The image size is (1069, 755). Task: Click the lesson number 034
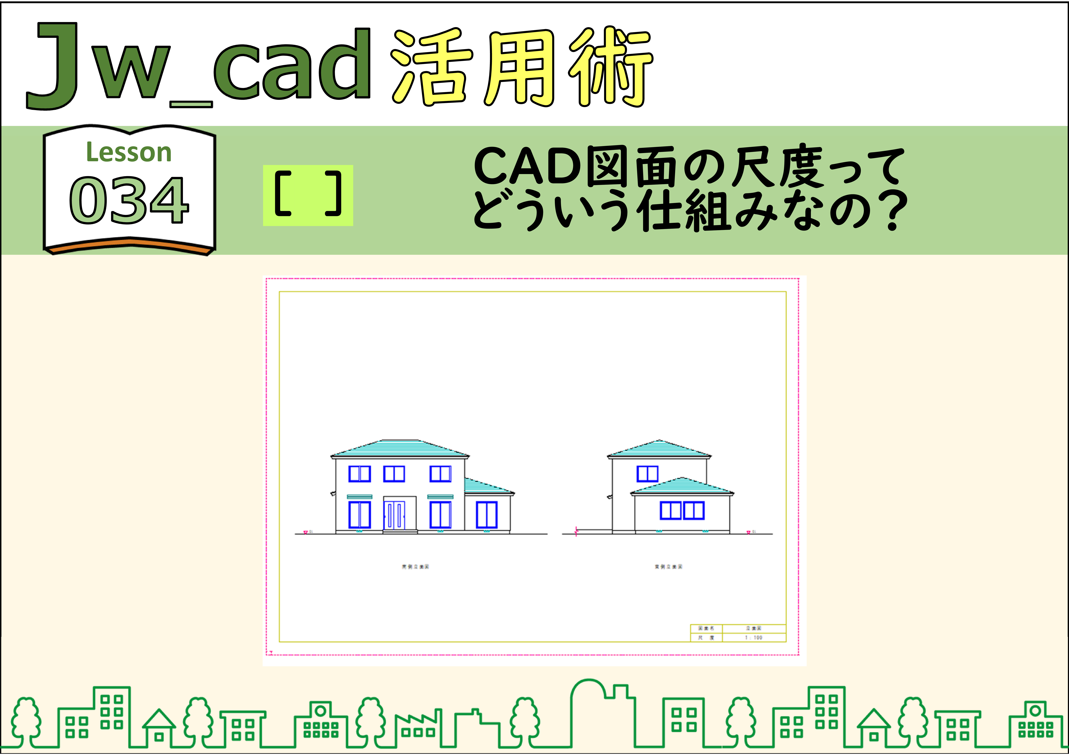coord(129,200)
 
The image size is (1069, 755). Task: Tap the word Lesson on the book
coord(129,152)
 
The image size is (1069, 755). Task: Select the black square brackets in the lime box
coord(308,195)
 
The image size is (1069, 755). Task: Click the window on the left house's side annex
coord(487,515)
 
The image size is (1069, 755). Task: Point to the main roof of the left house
coord(399,448)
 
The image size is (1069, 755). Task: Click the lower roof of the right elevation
coord(682,486)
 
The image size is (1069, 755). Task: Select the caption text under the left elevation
coord(415,566)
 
